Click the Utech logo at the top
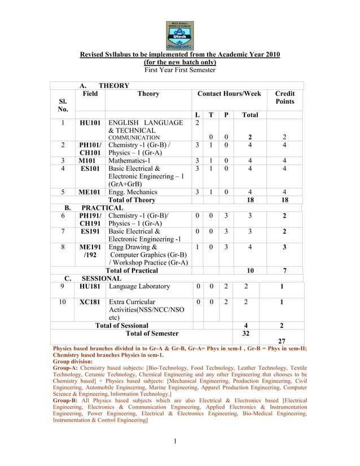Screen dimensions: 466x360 (x=179, y=35)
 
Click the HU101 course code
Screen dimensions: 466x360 (x=90, y=123)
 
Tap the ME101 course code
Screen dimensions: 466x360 (x=90, y=192)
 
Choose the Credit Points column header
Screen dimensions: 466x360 (x=285, y=98)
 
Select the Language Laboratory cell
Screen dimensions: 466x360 (x=139, y=287)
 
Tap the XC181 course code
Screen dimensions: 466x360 (x=90, y=302)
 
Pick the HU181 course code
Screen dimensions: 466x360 (x=90, y=287)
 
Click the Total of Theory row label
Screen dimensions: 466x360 (x=131, y=200)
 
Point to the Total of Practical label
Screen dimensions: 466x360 (x=132, y=271)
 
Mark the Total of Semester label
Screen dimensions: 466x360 (x=152, y=333)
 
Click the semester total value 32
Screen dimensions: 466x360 (x=245, y=333)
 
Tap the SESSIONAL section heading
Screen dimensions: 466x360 (x=102, y=279)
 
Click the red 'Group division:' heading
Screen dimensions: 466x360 (x=73, y=362)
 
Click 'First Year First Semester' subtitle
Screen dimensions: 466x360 (x=179, y=70)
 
